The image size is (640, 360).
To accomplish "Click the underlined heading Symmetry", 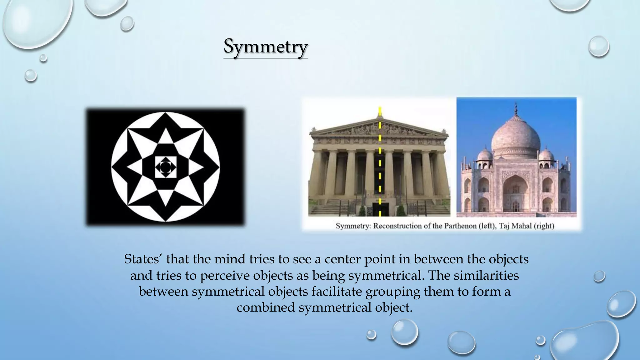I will click(x=266, y=47).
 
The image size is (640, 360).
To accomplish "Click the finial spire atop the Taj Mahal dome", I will click(x=516, y=109).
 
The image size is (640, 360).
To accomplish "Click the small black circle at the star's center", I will click(x=165, y=167).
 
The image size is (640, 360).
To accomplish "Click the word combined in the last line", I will click(x=265, y=308).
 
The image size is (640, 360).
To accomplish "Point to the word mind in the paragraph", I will click(x=233, y=259).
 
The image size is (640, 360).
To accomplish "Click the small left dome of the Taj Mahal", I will click(x=485, y=155).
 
